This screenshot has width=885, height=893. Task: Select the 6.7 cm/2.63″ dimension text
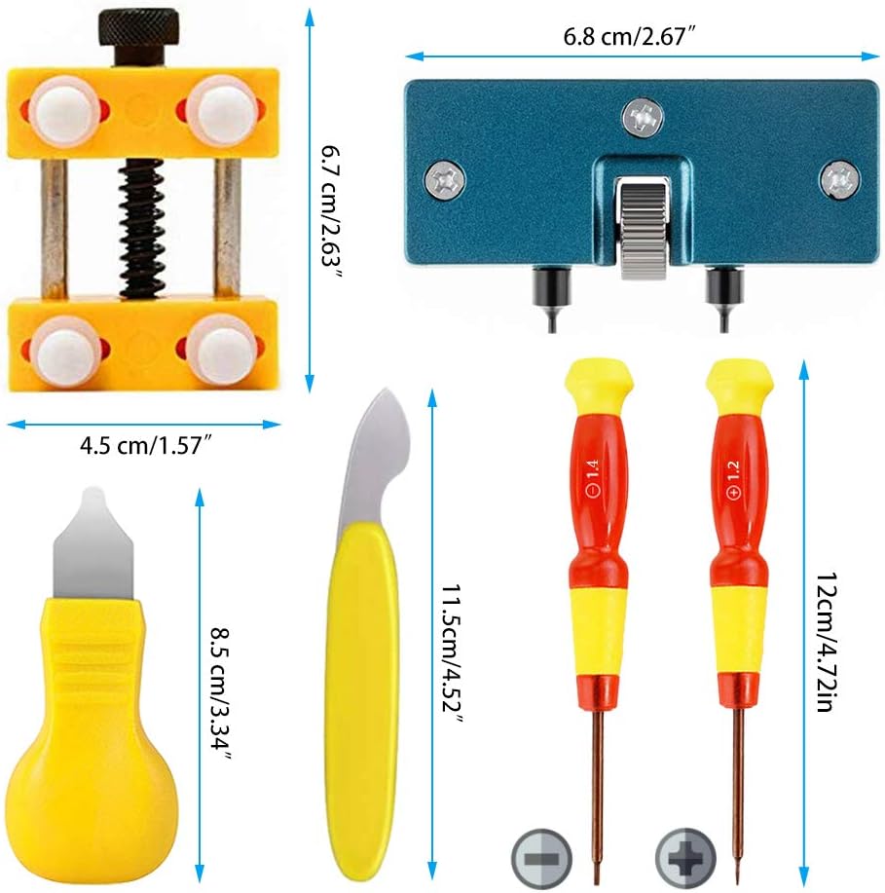[332, 211]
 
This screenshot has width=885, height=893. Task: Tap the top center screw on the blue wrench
[644, 118]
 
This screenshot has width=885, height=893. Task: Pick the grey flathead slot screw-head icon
[538, 858]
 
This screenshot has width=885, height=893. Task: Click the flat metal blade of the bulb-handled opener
[94, 544]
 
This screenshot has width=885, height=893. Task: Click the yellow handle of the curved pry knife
[362, 682]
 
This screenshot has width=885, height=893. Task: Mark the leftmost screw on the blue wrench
[440, 178]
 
